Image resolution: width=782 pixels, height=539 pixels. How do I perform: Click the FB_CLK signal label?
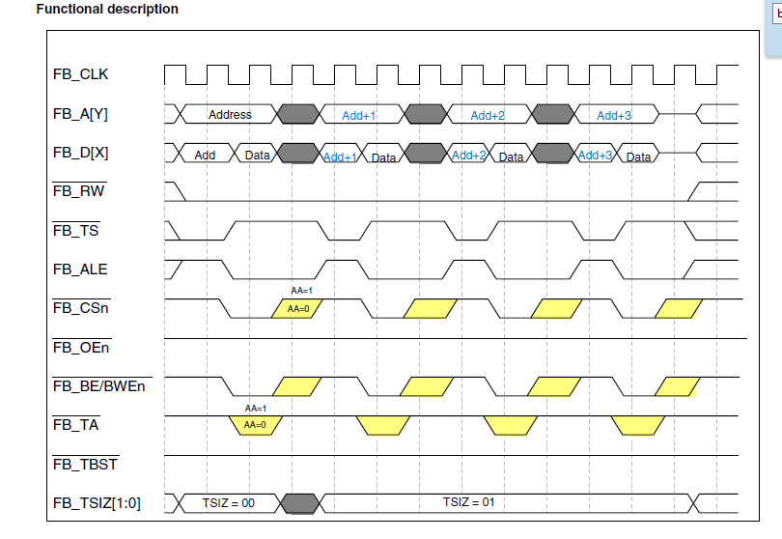click(x=80, y=74)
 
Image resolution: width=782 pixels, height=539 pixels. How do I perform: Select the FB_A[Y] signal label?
click(x=80, y=114)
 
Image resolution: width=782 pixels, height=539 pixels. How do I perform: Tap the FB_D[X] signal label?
click(x=80, y=153)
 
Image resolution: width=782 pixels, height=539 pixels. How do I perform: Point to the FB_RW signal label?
click(x=79, y=191)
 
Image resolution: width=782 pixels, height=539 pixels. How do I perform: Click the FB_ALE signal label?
click(x=80, y=269)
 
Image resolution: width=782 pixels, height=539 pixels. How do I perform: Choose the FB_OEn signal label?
click(x=81, y=348)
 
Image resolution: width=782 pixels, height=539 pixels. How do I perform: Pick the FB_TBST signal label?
click(x=85, y=465)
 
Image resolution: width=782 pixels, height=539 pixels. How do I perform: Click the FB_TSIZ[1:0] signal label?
click(x=97, y=503)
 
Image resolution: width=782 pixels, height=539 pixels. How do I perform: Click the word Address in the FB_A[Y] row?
click(x=230, y=115)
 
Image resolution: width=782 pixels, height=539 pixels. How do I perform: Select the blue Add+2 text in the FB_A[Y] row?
click(x=488, y=116)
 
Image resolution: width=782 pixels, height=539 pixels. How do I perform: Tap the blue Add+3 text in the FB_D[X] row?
click(x=595, y=156)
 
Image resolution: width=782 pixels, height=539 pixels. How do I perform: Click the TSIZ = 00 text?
click(x=229, y=503)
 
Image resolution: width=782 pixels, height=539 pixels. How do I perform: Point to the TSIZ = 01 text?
click(x=469, y=502)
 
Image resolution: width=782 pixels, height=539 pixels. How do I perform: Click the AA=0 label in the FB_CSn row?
click(x=298, y=309)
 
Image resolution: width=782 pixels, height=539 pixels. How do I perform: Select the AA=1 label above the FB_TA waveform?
click(x=255, y=409)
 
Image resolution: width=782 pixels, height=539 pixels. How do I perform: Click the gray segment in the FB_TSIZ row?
click(x=299, y=503)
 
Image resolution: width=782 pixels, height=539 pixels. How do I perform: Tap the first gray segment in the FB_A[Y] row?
click(x=297, y=114)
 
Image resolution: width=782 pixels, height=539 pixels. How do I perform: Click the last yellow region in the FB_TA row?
click(x=638, y=426)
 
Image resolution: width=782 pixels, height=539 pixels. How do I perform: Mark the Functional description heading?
click(x=107, y=9)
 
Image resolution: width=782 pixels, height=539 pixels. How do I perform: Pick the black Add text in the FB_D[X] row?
click(x=205, y=156)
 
